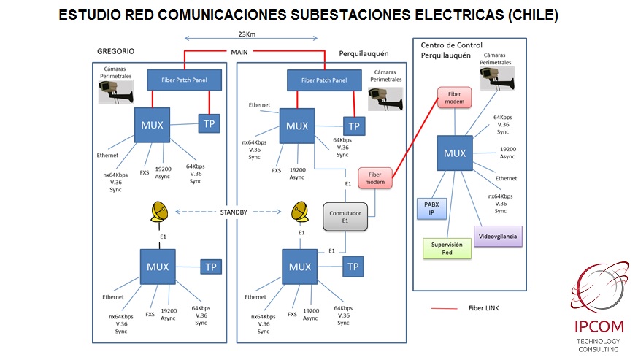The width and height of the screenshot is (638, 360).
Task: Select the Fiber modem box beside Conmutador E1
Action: [x=375, y=178]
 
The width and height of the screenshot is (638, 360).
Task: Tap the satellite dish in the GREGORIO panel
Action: [x=161, y=212]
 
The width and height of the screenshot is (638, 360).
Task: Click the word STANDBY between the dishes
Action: [x=234, y=212]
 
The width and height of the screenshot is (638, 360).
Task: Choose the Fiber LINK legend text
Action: [x=484, y=308]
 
